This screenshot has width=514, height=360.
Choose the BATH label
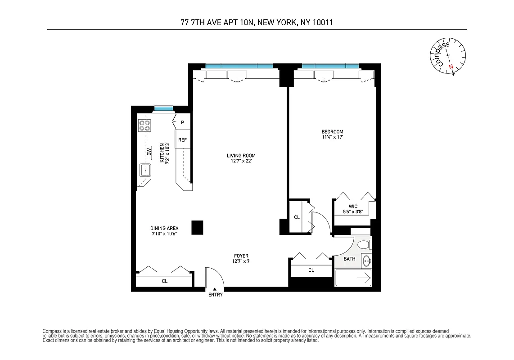pos(349,259)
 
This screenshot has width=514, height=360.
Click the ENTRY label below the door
pos(215,295)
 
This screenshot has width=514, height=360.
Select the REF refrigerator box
pos(182,140)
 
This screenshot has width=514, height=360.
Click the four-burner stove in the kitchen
pos(144,125)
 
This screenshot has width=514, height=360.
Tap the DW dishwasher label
pos(148,153)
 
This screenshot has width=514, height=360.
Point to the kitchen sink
pos(145,171)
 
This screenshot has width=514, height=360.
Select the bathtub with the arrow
pos(354,278)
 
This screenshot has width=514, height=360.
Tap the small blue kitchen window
pos(163,108)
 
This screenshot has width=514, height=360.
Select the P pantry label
pos(182,122)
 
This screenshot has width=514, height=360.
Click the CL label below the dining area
pos(165,281)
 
